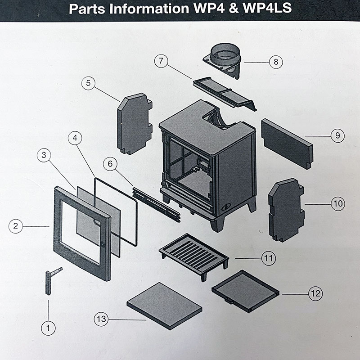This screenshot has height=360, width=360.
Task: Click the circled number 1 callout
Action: point(48,328)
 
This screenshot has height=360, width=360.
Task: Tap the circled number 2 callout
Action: point(16,226)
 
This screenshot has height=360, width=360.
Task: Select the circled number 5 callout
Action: point(88,83)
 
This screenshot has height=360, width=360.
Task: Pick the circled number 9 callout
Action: point(337,135)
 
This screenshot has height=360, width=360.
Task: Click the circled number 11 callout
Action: point(269,258)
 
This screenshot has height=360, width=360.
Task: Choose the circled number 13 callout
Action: point(101,319)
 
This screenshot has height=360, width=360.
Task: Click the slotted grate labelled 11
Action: point(193,254)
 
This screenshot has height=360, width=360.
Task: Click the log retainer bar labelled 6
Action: point(156,205)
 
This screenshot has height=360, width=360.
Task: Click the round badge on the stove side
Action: point(225,207)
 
